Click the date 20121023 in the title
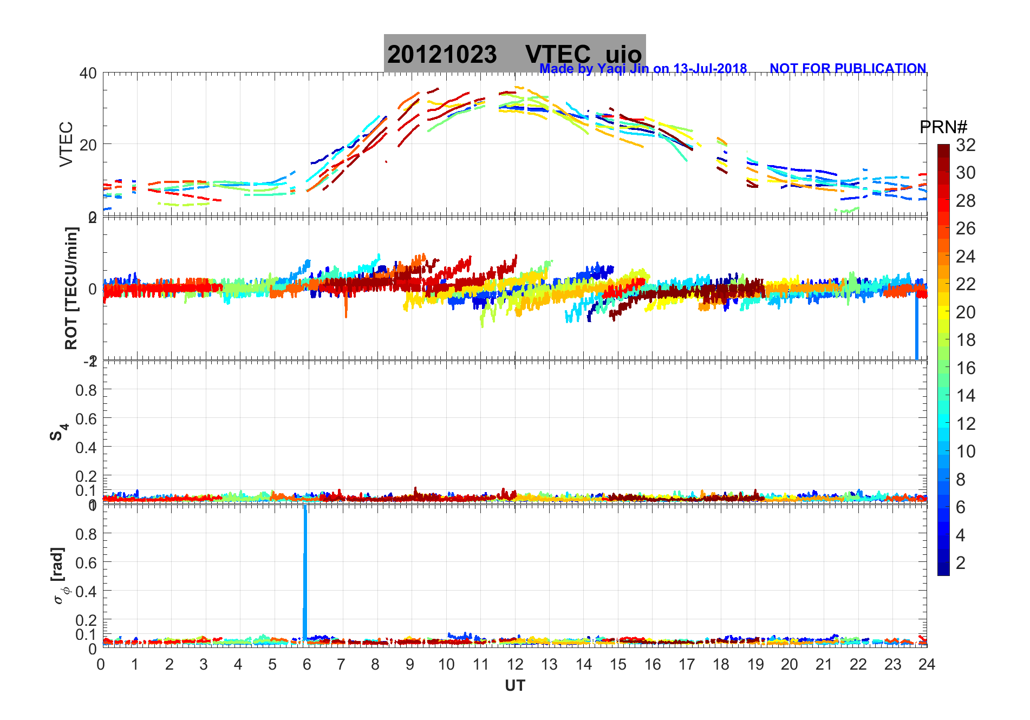tap(442, 55)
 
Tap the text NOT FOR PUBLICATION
tap(848, 69)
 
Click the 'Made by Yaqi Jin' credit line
tap(643, 69)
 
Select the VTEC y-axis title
tap(66, 144)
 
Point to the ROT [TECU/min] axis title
tap(71, 288)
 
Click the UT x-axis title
tap(514, 686)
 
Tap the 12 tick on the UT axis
tap(514, 665)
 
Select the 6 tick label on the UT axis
tap(307, 665)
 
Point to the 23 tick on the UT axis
tap(892, 665)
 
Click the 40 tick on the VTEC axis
tap(88, 73)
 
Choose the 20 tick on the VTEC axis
tap(88, 145)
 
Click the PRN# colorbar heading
tap(943, 127)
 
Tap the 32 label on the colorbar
tap(966, 145)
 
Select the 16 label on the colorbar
tap(966, 368)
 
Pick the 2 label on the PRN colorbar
tap(961, 563)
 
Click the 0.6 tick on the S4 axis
tap(87, 418)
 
